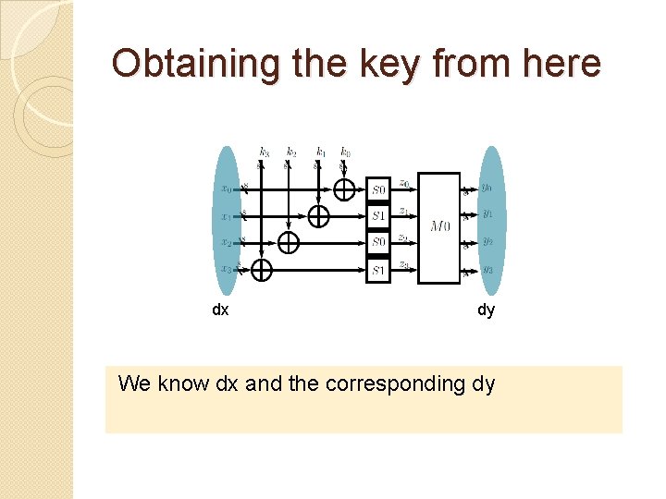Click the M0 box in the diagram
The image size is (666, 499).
(439, 227)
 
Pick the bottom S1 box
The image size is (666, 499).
(378, 270)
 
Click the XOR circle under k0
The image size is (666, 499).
(344, 189)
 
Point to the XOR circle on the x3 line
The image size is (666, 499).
(263, 269)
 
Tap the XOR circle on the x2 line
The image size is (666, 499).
(290, 243)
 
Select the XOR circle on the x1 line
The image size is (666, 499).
(318, 216)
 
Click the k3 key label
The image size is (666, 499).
(265, 152)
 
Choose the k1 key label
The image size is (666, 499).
(321, 152)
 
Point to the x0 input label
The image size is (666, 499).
(228, 189)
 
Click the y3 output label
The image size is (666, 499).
(487, 270)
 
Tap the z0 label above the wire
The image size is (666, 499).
(404, 184)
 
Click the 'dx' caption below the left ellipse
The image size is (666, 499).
(220, 310)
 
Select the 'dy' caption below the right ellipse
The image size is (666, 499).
(486, 310)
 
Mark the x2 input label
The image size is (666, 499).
(228, 242)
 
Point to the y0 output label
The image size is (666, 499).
(487, 188)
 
